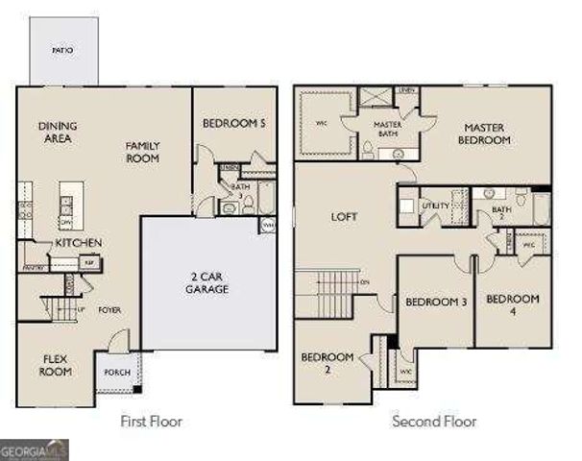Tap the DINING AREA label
pyautogui.click(x=58, y=132)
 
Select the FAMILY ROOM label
pyautogui.click(x=142, y=152)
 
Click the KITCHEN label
pyautogui.click(x=78, y=243)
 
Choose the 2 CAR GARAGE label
pyautogui.click(x=207, y=282)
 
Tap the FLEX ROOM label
pyautogui.click(x=56, y=366)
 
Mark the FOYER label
pyautogui.click(x=109, y=310)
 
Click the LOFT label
pyautogui.click(x=345, y=217)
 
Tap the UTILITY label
pyautogui.click(x=435, y=206)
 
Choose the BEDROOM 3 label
pyautogui.click(x=435, y=303)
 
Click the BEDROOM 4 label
pyautogui.click(x=512, y=305)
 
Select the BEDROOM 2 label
pyautogui.click(x=327, y=363)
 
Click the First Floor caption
pyautogui.click(x=151, y=421)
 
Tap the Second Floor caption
pyautogui.click(x=434, y=421)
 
